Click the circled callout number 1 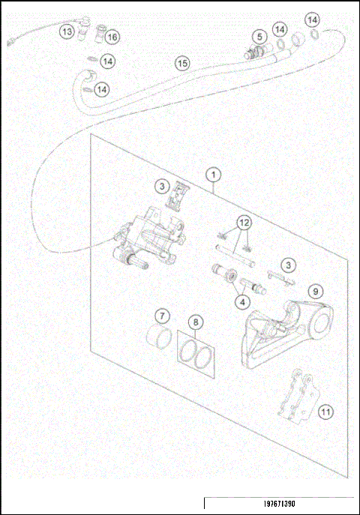pos(214,175)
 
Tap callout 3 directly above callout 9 pos(287,265)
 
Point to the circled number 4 pos(241,302)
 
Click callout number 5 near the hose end pos(257,37)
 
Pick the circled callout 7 pos(160,316)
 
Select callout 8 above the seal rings pos(196,323)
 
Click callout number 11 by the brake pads pos(325,412)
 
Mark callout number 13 pos(67,31)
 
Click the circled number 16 pos(112,37)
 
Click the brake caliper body pos(150,236)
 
